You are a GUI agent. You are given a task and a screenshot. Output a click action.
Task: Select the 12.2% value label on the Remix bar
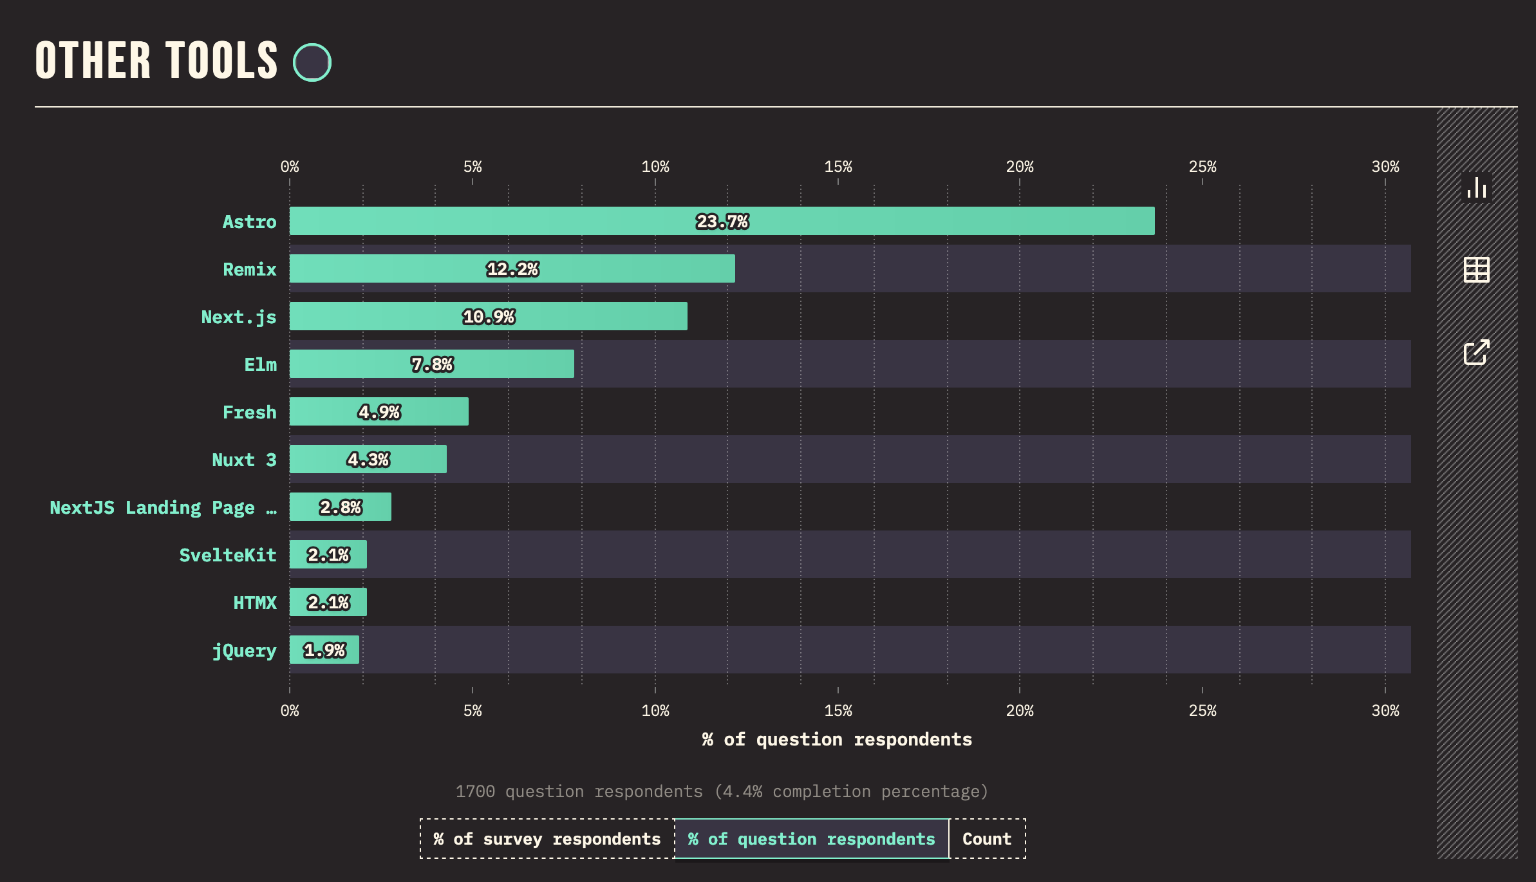click(512, 269)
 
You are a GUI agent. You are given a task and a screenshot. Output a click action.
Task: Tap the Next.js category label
click(238, 317)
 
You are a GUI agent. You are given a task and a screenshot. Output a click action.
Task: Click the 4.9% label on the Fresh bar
click(379, 412)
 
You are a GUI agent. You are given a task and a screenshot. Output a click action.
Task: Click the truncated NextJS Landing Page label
click(163, 507)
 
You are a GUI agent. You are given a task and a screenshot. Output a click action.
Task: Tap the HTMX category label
click(255, 603)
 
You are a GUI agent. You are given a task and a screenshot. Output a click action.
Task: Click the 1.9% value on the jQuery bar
click(324, 650)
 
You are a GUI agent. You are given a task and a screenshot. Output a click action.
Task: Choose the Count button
click(987, 839)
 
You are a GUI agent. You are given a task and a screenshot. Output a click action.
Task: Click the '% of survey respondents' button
click(547, 839)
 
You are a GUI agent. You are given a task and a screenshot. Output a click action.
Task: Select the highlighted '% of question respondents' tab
click(811, 839)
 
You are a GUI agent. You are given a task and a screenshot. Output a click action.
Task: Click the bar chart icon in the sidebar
click(1477, 188)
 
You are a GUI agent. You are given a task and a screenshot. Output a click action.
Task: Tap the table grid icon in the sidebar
click(1477, 270)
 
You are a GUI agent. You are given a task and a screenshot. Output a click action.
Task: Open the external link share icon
click(1477, 352)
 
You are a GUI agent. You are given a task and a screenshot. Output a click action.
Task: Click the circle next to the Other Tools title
click(312, 62)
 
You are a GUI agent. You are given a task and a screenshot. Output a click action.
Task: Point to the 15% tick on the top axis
click(838, 167)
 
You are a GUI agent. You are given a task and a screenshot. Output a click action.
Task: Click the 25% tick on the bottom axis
click(1203, 711)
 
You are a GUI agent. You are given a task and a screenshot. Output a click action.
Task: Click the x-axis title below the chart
click(837, 739)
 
